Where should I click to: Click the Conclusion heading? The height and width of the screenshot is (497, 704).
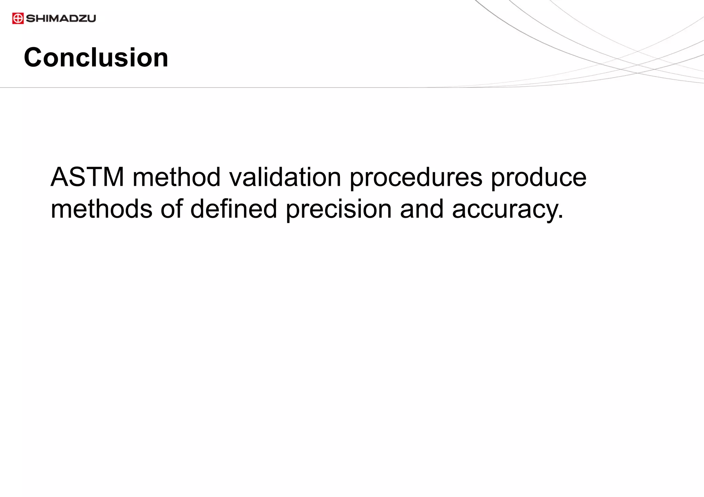point(96,57)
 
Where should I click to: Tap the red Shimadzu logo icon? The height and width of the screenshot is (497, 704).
point(18,18)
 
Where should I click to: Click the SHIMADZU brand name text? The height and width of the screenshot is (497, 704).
point(61,18)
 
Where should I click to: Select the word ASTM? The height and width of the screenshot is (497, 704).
point(87,177)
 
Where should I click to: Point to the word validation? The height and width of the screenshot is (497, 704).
point(285,177)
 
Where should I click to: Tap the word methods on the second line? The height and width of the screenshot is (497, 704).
point(101,209)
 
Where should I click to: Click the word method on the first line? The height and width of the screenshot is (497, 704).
point(177,177)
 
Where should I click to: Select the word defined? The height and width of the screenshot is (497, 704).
point(233,209)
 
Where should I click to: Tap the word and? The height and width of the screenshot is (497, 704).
point(422,209)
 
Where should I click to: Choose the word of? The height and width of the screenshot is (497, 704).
point(172,209)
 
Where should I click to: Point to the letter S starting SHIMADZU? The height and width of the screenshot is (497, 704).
point(30,18)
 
